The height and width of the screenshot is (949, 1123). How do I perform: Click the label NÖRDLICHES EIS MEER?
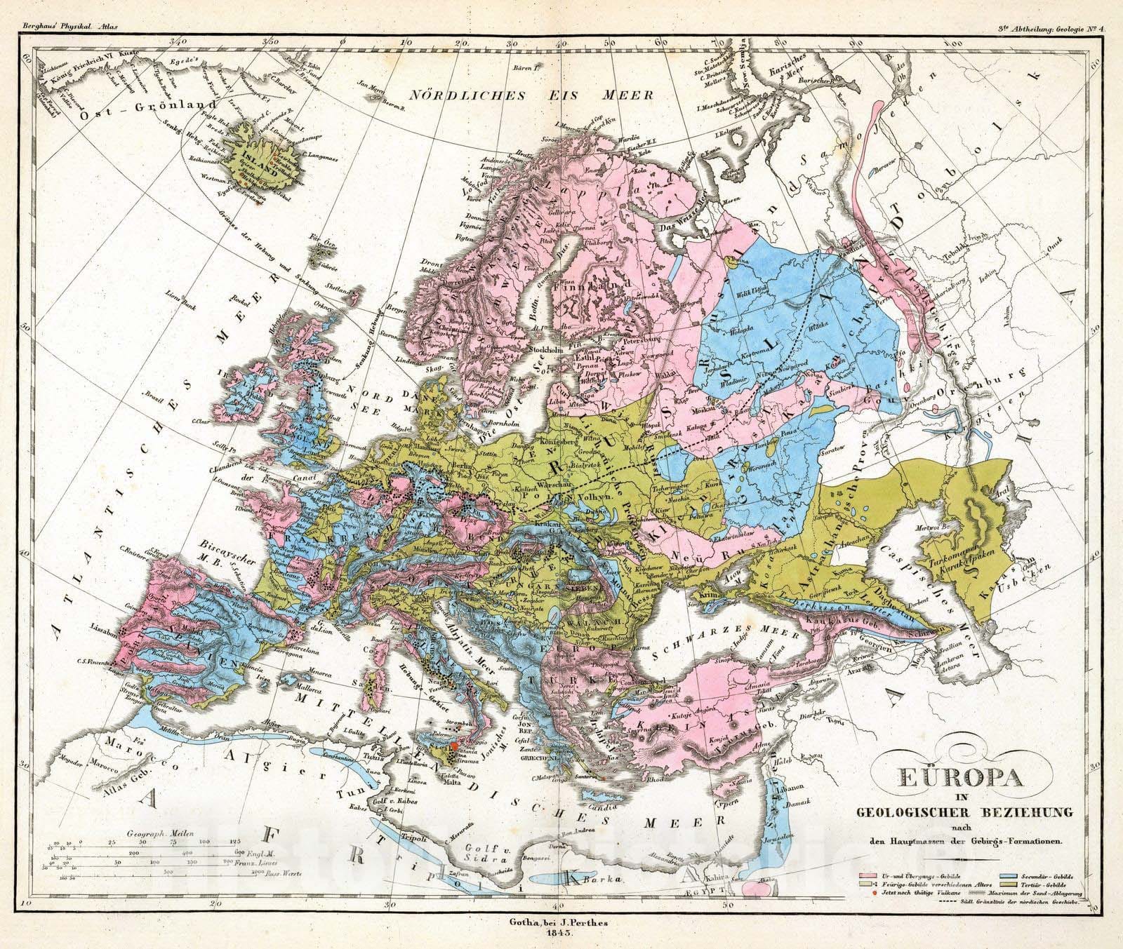coord(522,95)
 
